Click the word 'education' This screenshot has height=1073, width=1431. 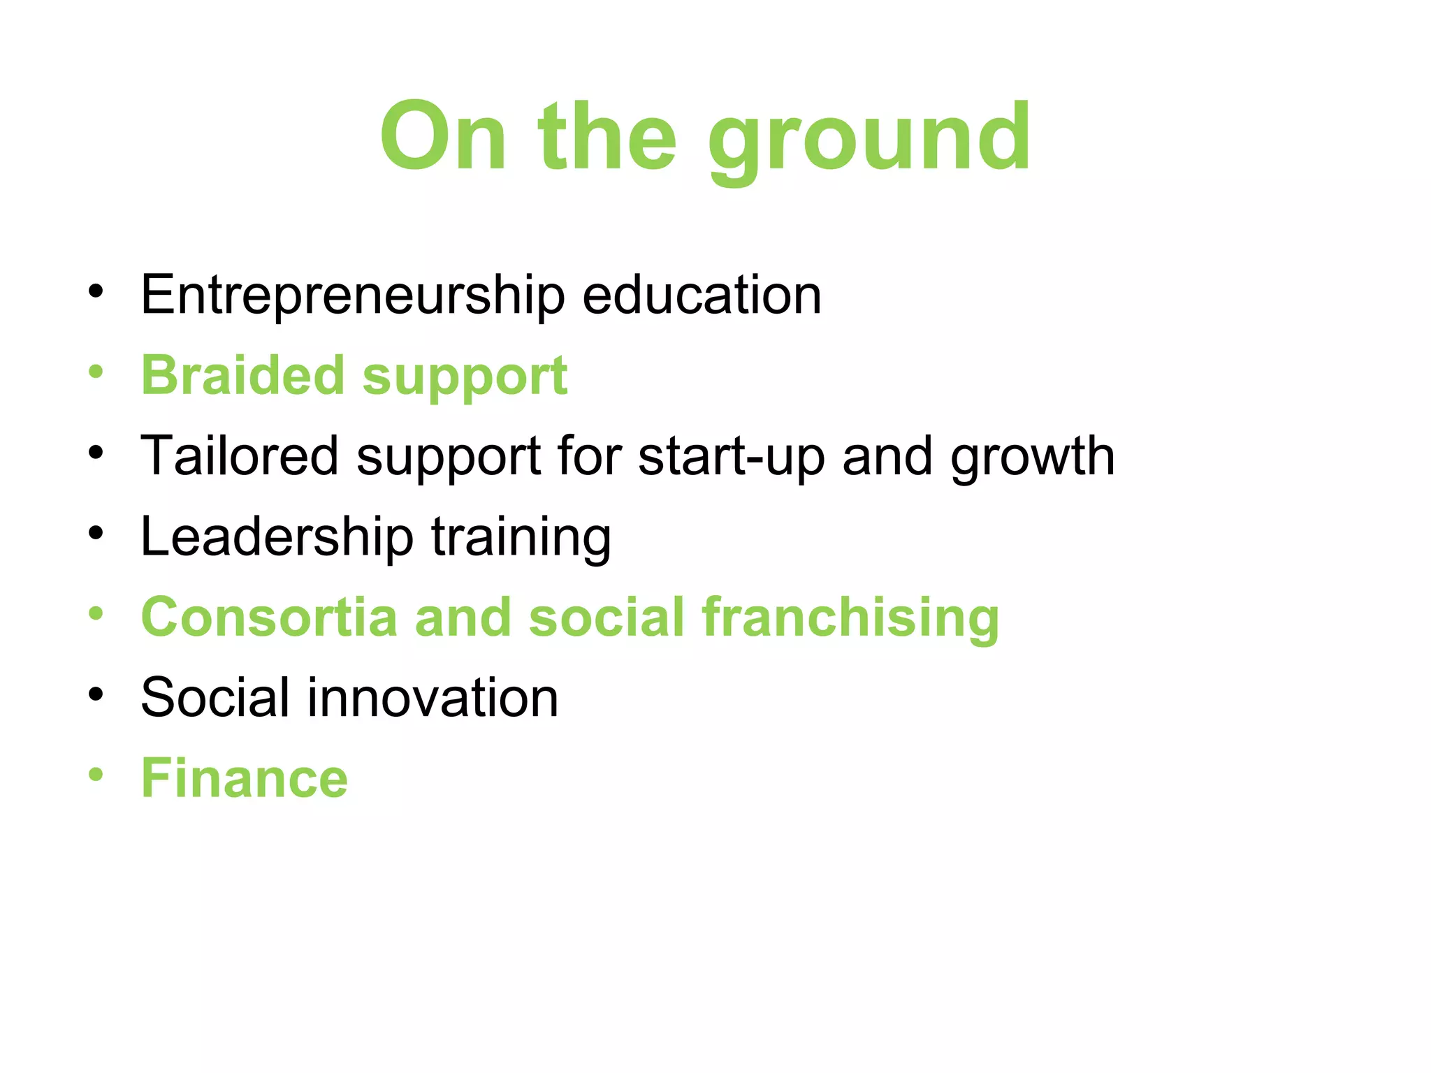[702, 295]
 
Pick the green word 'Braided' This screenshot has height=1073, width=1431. [243, 376]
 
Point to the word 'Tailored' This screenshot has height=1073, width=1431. [240, 456]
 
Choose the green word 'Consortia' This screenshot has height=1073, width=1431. [269, 618]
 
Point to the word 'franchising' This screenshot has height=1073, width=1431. [850, 619]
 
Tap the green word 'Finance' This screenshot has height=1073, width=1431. [245, 778]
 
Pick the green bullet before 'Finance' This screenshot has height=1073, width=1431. [96, 775]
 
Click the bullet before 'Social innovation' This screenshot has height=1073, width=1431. [96, 694]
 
